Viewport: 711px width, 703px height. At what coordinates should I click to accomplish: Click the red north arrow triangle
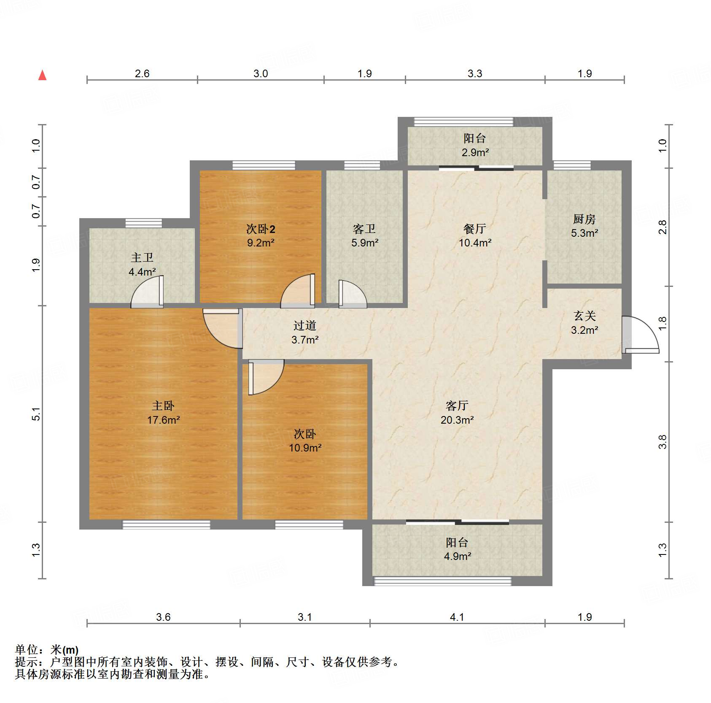pyautogui.click(x=42, y=76)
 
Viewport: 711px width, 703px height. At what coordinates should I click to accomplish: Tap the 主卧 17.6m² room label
pyautogui.click(x=163, y=413)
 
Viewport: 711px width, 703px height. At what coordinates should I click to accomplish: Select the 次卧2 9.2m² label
pyautogui.click(x=261, y=235)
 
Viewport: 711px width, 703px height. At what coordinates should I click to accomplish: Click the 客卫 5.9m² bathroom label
pyautogui.click(x=364, y=235)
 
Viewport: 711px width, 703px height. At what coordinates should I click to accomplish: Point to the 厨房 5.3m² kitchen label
pyautogui.click(x=584, y=226)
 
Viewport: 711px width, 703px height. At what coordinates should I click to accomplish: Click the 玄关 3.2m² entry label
pyautogui.click(x=584, y=323)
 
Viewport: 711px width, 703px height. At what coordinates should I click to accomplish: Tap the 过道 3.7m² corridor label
pyautogui.click(x=304, y=332)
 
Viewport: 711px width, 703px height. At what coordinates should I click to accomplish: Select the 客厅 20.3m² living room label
pyautogui.click(x=457, y=413)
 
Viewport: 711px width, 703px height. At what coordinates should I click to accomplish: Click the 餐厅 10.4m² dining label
pyautogui.click(x=475, y=235)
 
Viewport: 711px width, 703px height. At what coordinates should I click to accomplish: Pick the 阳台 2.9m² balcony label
pyautogui.click(x=475, y=145)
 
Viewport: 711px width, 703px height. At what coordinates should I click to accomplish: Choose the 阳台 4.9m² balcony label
pyautogui.click(x=457, y=549)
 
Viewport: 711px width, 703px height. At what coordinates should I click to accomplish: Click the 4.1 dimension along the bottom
pyautogui.click(x=457, y=617)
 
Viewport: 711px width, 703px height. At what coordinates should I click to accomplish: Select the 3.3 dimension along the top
pyautogui.click(x=474, y=74)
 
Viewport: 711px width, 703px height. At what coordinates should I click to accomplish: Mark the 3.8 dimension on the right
pyautogui.click(x=663, y=442)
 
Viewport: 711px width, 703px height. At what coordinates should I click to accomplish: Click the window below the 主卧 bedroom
pyautogui.click(x=166, y=525)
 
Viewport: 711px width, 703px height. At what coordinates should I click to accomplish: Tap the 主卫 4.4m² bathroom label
pyautogui.click(x=142, y=265)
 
